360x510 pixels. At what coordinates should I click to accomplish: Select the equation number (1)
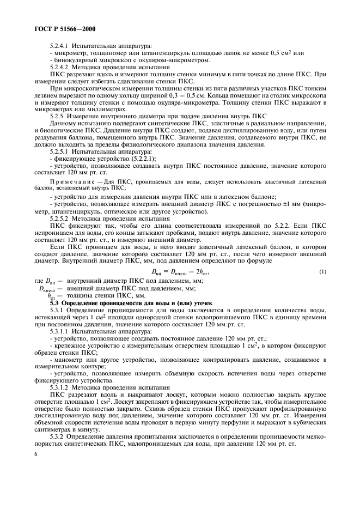tap(323, 272)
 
